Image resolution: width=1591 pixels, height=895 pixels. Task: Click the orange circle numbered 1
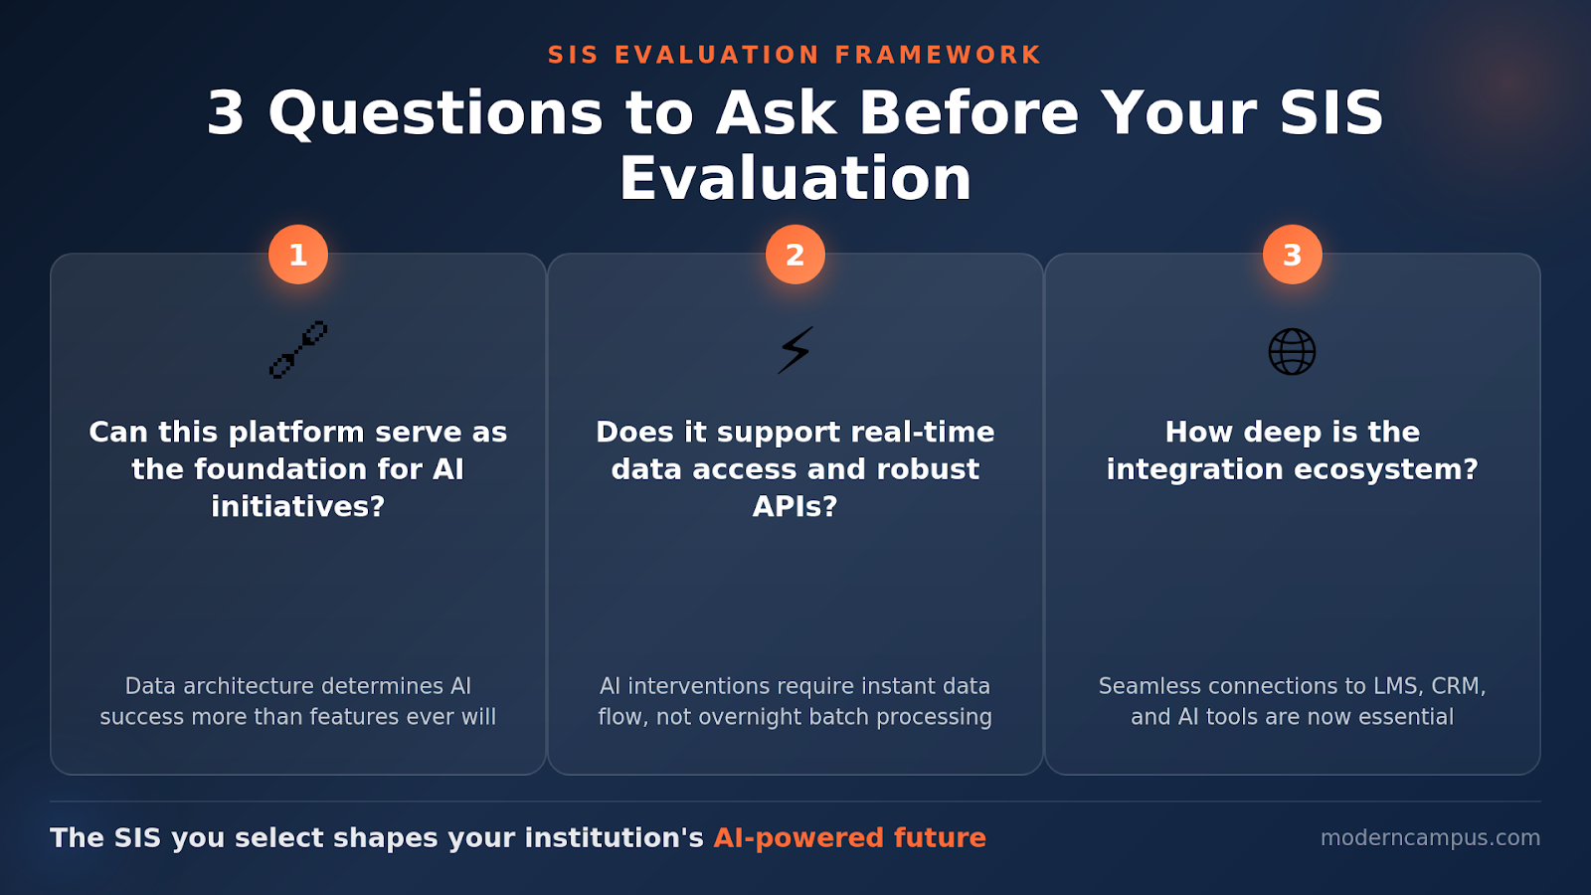(x=298, y=255)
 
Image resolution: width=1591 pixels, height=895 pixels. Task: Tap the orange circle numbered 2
(x=795, y=255)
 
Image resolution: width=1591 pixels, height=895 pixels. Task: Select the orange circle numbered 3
(x=1293, y=255)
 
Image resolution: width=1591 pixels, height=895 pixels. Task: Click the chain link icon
(x=298, y=350)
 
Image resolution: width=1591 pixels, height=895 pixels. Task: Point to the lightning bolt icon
(x=795, y=350)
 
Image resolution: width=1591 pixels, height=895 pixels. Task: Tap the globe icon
(x=1293, y=352)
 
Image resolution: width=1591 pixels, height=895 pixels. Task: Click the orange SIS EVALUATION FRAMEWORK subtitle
(x=795, y=55)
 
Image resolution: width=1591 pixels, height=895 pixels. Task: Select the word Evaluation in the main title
(x=795, y=179)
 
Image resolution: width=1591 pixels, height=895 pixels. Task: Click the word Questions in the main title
(x=436, y=113)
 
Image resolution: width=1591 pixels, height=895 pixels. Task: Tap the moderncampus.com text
(x=1430, y=837)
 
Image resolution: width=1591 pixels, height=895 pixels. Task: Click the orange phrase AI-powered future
(x=849, y=837)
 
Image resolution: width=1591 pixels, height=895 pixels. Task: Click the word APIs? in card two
(x=795, y=506)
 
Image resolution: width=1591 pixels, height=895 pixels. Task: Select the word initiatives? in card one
(x=298, y=506)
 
